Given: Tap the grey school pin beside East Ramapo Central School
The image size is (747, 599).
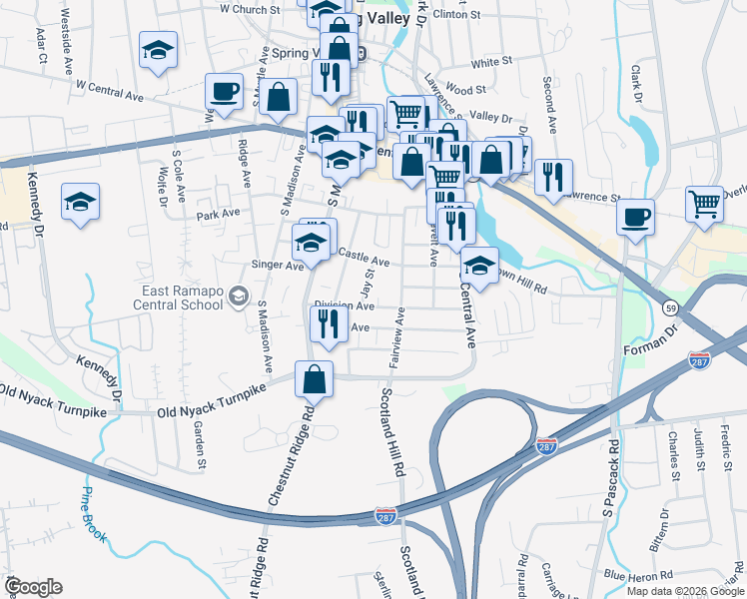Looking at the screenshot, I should (238, 297).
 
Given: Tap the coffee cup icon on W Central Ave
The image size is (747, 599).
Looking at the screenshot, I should (225, 93).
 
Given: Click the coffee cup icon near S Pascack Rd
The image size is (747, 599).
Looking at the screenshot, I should (636, 217).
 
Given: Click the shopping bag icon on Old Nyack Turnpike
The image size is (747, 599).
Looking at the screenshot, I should (315, 379).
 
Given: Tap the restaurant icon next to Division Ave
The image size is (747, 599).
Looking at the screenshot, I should (325, 323).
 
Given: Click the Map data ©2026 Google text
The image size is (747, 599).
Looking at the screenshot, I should (685, 590).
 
